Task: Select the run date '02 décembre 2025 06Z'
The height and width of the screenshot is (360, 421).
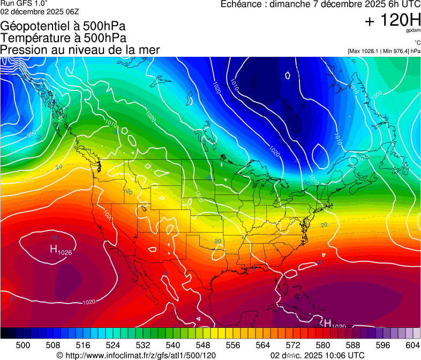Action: tap(40, 11)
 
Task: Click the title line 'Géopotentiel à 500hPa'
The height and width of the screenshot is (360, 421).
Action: tap(63, 26)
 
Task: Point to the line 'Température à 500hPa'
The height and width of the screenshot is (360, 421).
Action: tap(63, 38)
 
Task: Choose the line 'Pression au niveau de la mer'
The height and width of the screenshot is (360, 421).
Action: tap(80, 50)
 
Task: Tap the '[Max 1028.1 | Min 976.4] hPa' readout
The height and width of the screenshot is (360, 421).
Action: tap(384, 51)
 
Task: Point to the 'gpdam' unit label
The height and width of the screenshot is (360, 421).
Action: tap(413, 31)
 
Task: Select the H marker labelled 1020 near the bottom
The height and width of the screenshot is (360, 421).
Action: tap(327, 323)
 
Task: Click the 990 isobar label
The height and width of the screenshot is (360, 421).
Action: tap(31, 133)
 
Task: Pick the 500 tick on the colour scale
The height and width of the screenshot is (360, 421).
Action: tap(23, 344)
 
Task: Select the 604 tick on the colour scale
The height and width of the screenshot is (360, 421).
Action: tap(412, 344)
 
